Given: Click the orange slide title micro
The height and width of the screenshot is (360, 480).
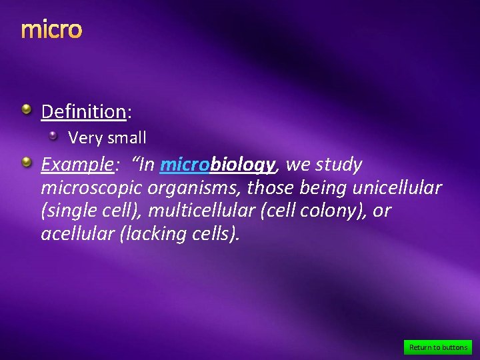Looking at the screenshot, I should pyautogui.click(x=51, y=30).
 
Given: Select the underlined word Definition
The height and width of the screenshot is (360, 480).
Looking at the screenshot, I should pyautogui.click(x=83, y=111).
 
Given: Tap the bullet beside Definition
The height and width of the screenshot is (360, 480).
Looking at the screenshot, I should pyautogui.click(x=25, y=109).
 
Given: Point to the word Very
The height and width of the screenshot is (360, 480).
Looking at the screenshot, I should pyautogui.click(x=83, y=139).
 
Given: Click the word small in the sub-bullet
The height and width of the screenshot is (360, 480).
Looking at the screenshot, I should pyautogui.click(x=125, y=139).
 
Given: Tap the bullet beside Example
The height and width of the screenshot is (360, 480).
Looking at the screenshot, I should pyautogui.click(x=25, y=162).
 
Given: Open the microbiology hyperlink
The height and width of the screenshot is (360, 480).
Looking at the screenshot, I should pyautogui.click(x=217, y=165).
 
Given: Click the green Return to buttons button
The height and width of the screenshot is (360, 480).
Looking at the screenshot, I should pyautogui.click(x=438, y=347).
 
